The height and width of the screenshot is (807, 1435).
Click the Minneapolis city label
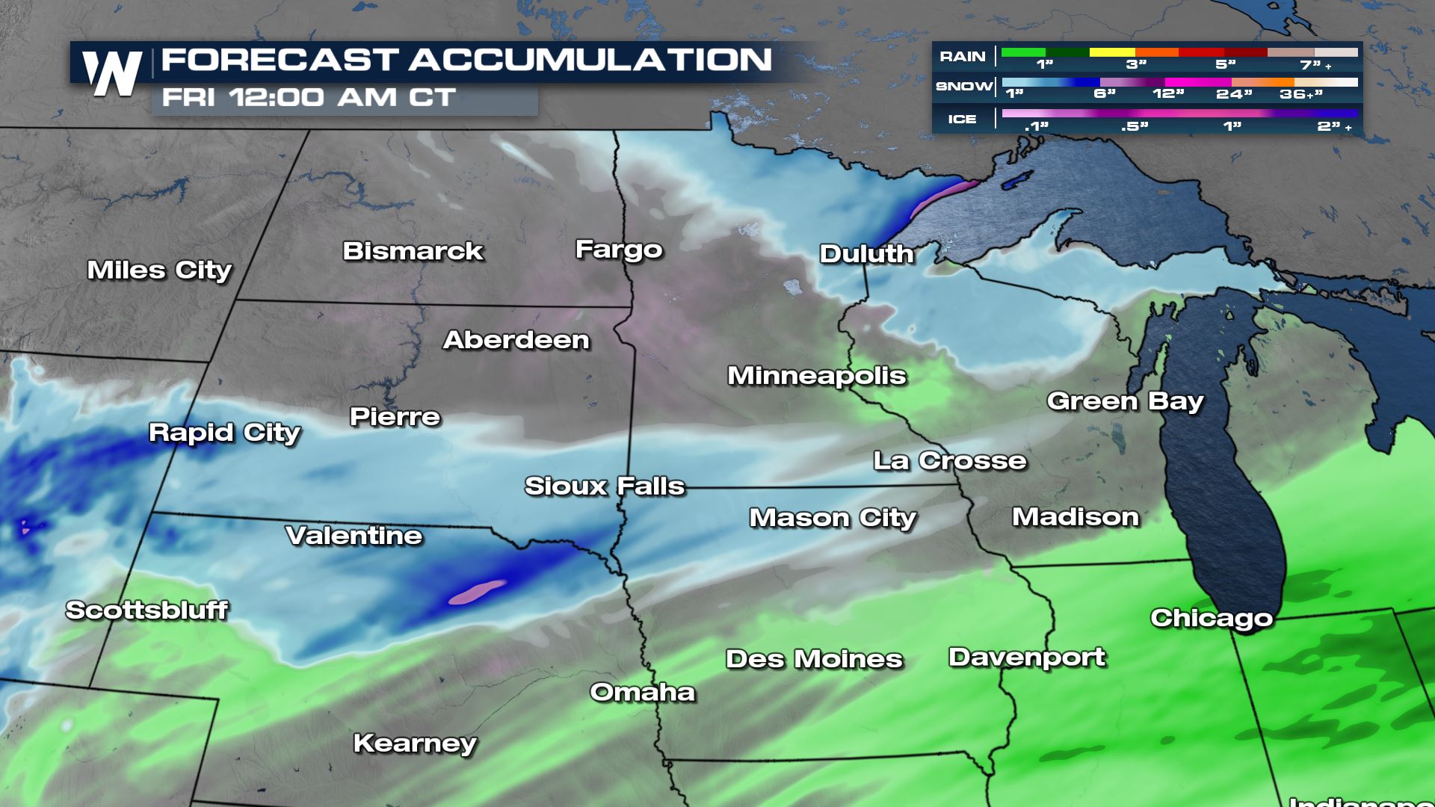817,376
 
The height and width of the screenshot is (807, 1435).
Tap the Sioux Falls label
605,486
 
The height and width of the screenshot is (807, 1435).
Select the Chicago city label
1211,618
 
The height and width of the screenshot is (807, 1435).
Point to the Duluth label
866,254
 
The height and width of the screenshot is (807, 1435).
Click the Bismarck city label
413,251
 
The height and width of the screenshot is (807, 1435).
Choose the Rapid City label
224,433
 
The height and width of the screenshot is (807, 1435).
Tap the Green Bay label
1125,401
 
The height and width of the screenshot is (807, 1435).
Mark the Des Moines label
814,659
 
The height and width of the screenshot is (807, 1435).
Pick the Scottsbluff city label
146,610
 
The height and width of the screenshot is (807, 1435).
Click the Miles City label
159,270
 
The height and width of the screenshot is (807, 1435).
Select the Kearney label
415,743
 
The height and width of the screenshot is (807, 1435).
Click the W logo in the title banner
112,73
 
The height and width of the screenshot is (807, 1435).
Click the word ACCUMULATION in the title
590,60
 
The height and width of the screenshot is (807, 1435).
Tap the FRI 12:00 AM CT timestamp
309,98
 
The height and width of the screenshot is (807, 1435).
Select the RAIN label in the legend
962,57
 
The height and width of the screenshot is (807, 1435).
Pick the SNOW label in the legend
964,87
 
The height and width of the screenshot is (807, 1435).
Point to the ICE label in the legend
962,120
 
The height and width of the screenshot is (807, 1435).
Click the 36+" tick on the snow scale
1301,95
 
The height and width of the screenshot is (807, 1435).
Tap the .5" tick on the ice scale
1135,127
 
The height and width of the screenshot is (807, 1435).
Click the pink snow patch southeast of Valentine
477,592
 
